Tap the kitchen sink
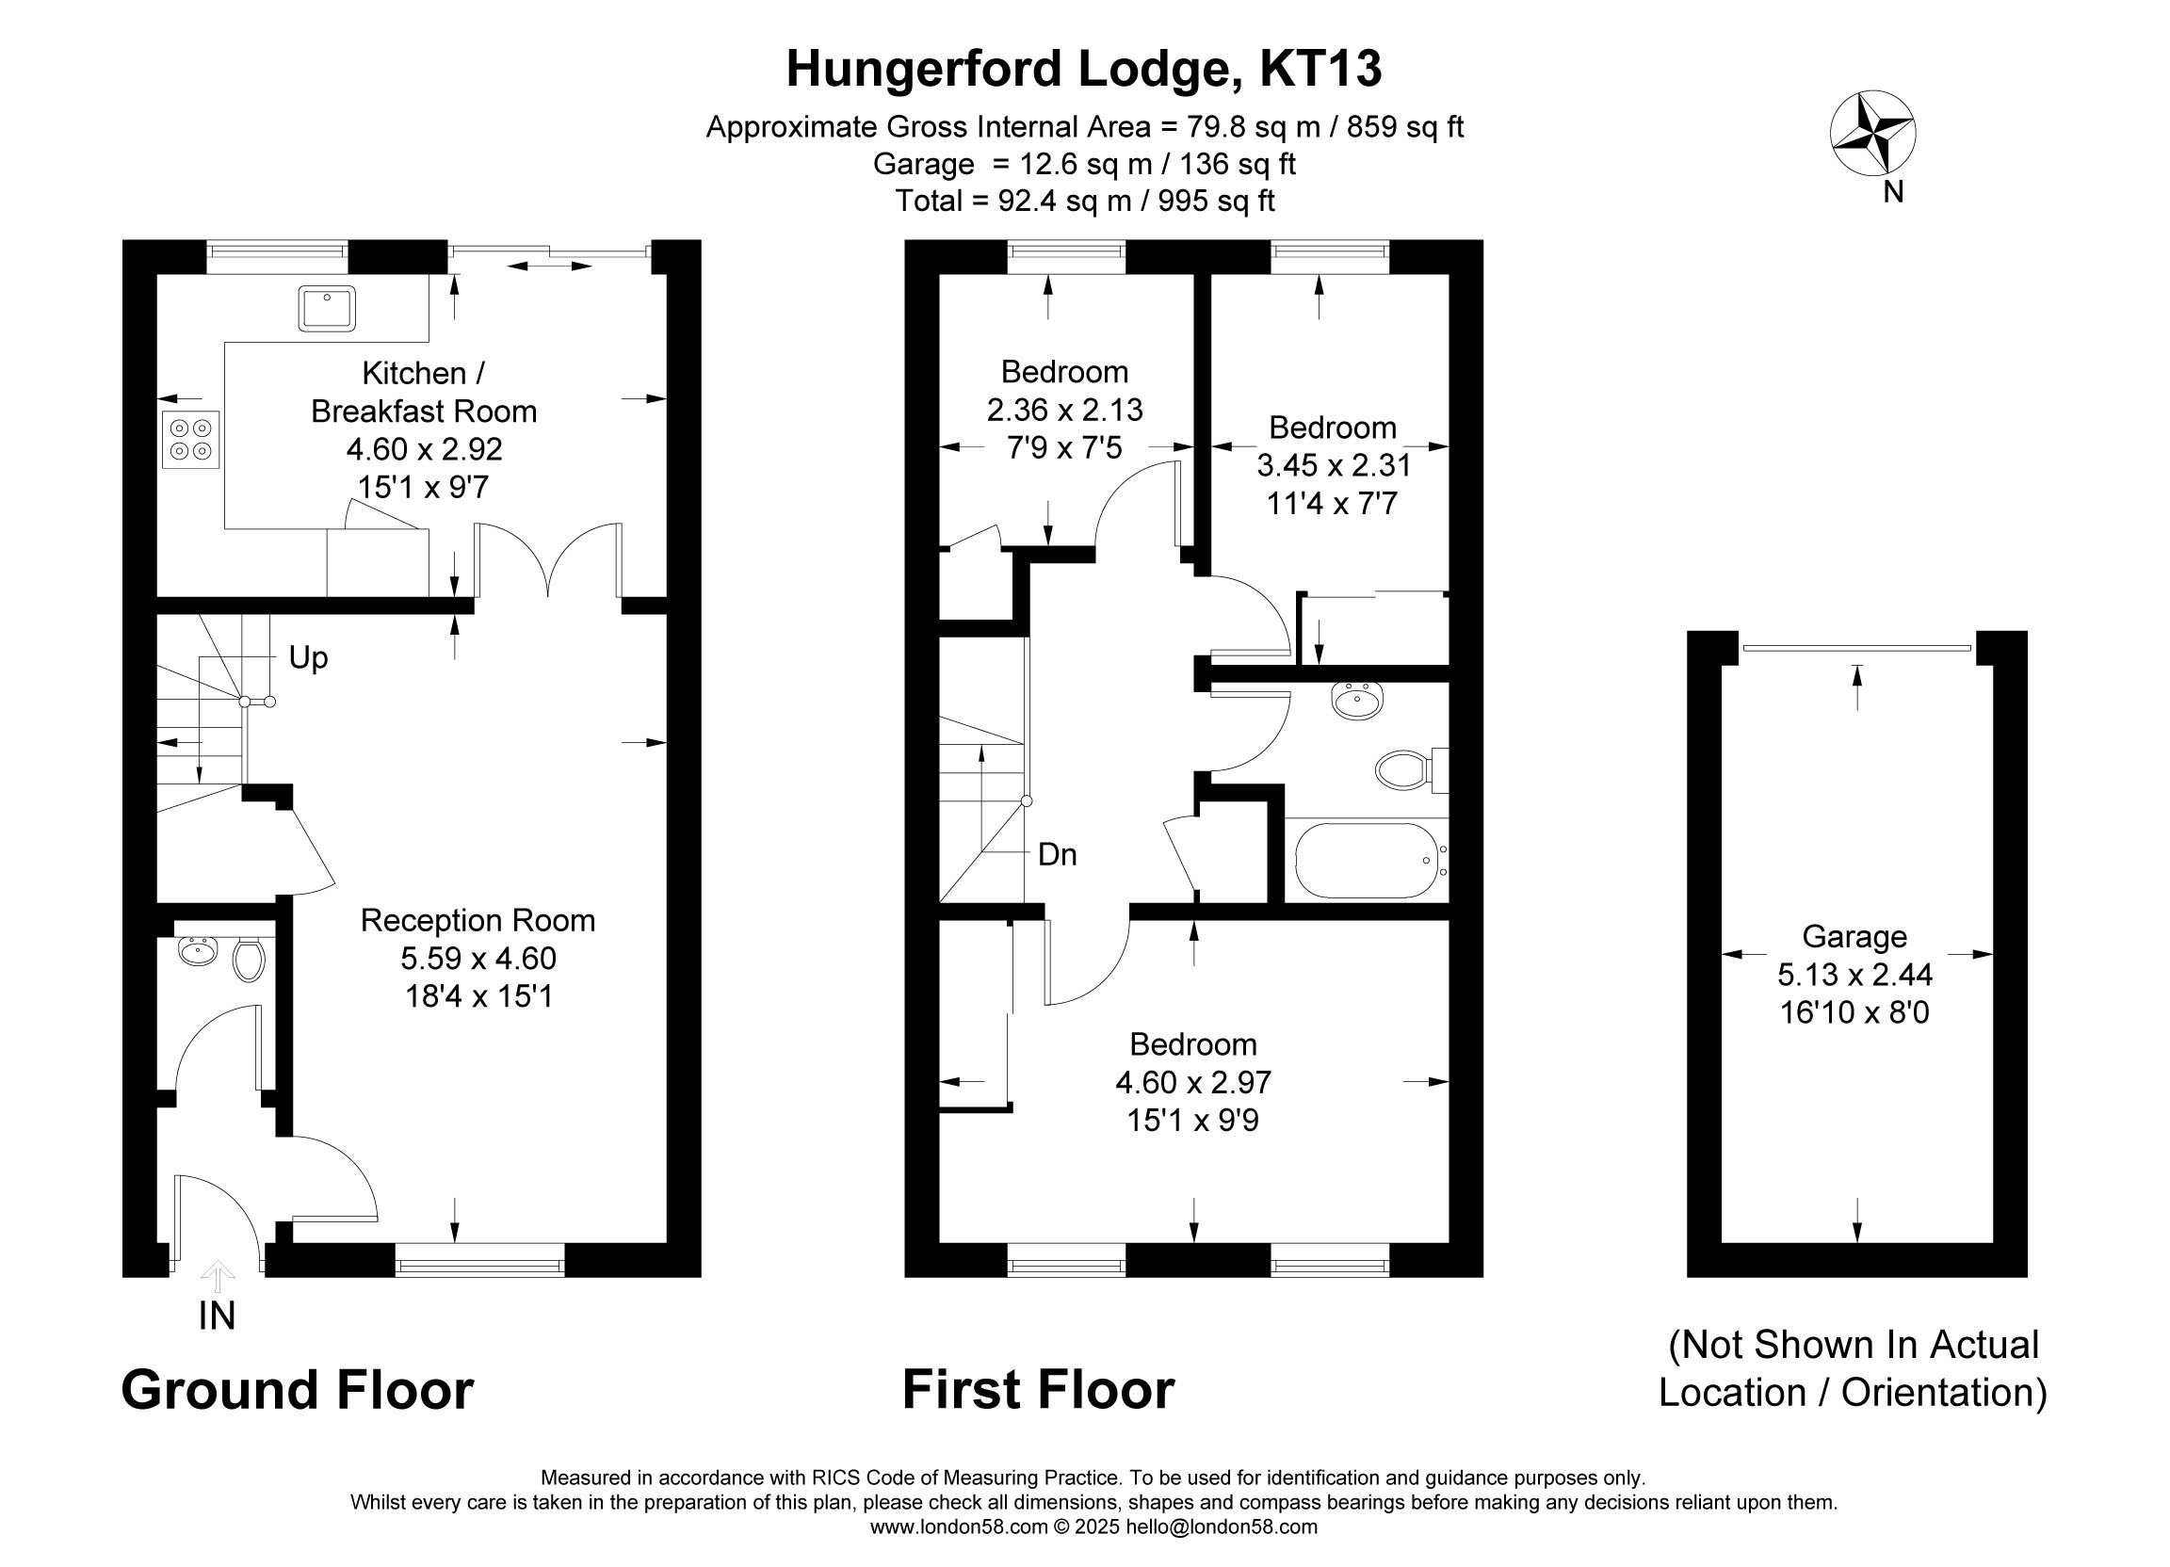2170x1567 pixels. pyautogui.click(x=326, y=308)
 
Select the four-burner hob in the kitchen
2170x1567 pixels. pyautogui.click(x=190, y=439)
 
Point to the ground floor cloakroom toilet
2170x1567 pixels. pyautogui.click(x=249, y=960)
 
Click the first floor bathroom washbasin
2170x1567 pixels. pyautogui.click(x=1355, y=702)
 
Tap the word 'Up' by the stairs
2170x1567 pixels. pyautogui.click(x=308, y=658)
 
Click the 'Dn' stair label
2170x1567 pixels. pyautogui.click(x=1058, y=854)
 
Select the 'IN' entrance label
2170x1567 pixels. pyautogui.click(x=218, y=1317)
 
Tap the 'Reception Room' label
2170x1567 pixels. pyautogui.click(x=478, y=920)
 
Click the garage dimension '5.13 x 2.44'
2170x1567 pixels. pyautogui.click(x=1855, y=975)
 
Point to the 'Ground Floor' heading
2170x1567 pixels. pyautogui.click(x=298, y=1390)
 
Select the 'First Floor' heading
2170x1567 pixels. pyautogui.click(x=1038, y=1390)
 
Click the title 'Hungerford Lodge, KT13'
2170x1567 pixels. pyautogui.click(x=1084, y=69)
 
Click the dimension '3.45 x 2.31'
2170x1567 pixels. pyautogui.click(x=1334, y=466)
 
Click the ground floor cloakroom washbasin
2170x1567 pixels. pyautogui.click(x=198, y=951)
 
